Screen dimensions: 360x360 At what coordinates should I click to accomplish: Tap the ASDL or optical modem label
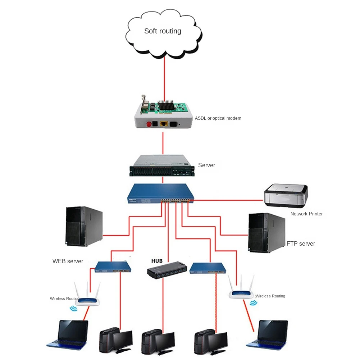click(x=218, y=118)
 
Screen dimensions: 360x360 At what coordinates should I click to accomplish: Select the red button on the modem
click(x=148, y=125)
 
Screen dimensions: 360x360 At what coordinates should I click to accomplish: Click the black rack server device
click(x=162, y=166)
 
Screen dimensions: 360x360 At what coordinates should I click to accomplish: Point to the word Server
click(x=206, y=165)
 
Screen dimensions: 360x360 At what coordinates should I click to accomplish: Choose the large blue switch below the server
click(x=160, y=193)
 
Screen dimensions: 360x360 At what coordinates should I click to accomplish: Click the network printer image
click(x=286, y=196)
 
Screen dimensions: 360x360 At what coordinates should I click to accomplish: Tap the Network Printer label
click(x=306, y=214)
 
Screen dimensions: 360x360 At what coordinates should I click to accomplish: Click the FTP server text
click(x=301, y=244)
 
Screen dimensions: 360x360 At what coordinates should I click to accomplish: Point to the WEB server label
click(x=68, y=261)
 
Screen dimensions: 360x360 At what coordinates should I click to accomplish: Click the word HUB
click(x=157, y=261)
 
